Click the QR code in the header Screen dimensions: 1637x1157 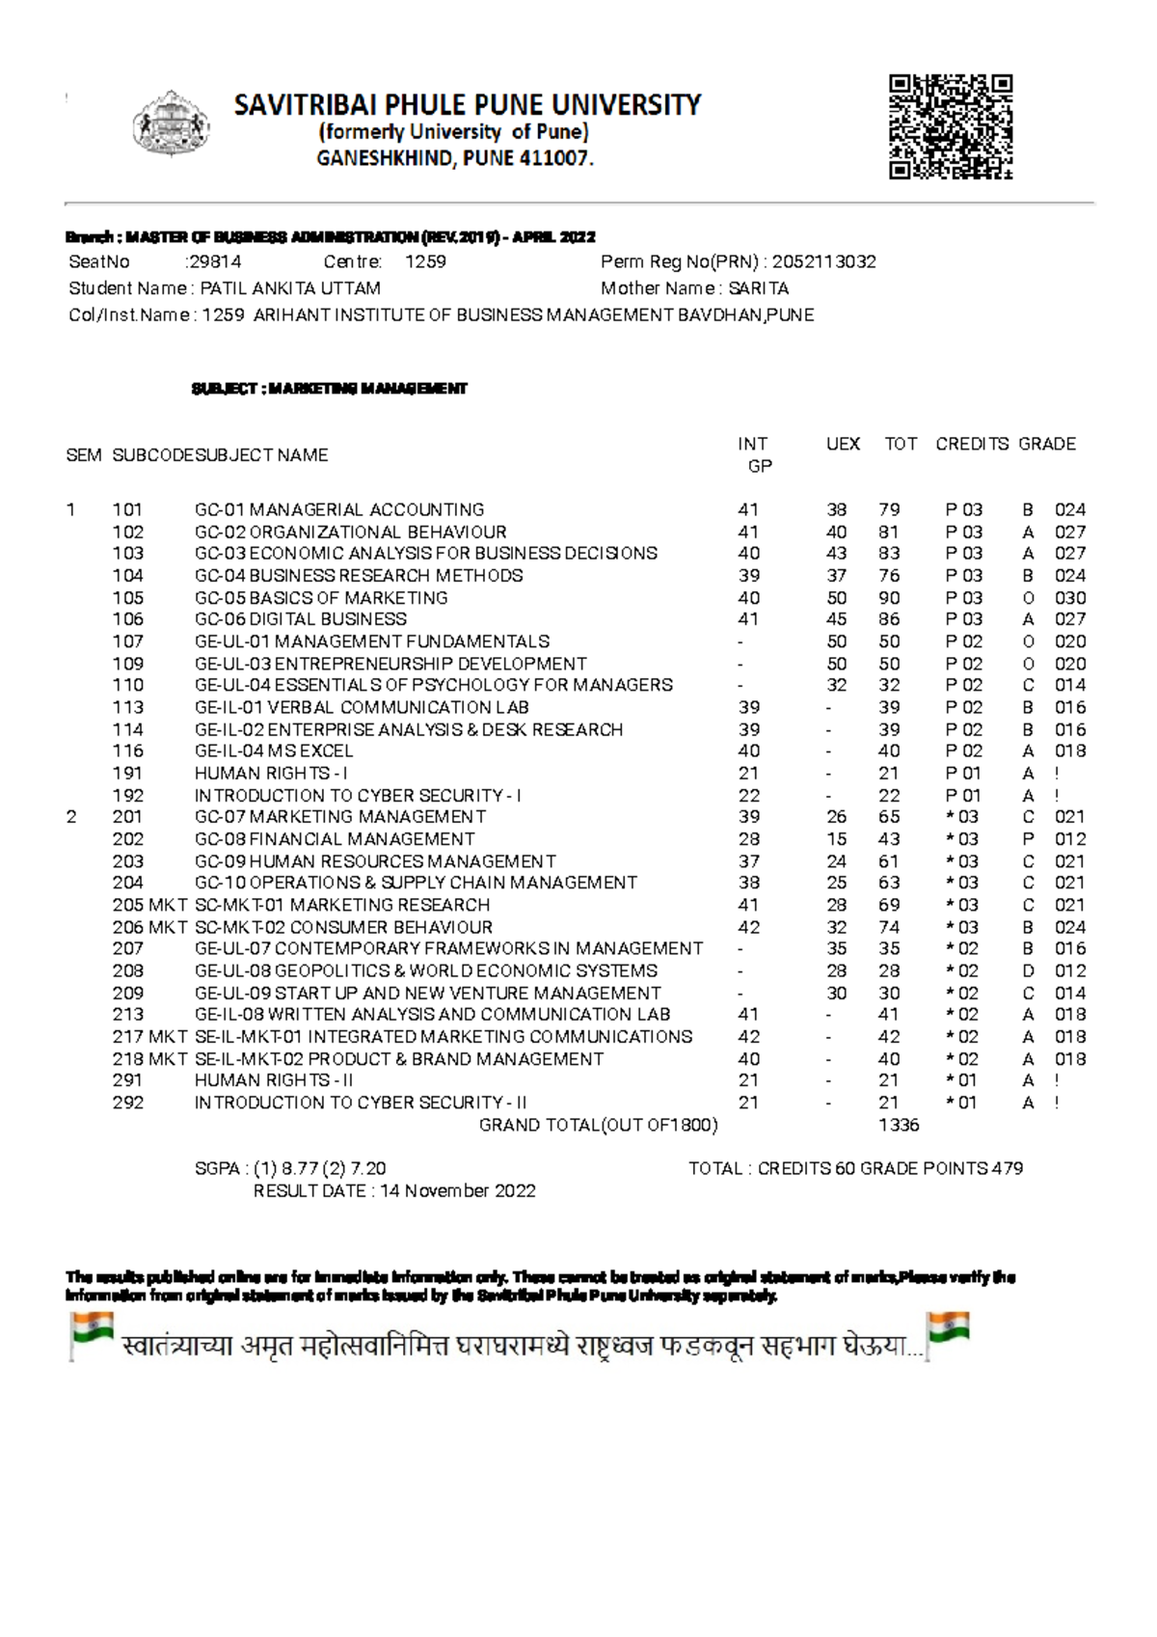tap(951, 127)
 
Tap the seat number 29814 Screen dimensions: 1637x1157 tap(215, 261)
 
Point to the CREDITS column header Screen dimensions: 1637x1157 tap(972, 444)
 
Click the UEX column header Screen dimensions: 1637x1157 tap(843, 444)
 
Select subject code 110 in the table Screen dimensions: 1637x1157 tap(128, 685)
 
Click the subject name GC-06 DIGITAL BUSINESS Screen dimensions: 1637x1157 tap(300, 619)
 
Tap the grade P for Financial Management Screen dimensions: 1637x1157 tap(1028, 839)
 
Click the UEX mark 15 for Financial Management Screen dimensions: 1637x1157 tap(836, 839)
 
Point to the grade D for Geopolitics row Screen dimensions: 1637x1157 tap(1028, 971)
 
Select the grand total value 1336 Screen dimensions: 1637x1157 tap(899, 1125)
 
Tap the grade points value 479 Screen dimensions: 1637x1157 tap(1007, 1169)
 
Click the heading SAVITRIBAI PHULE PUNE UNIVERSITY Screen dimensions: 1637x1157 tap(468, 104)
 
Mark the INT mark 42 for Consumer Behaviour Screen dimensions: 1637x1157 tap(748, 927)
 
